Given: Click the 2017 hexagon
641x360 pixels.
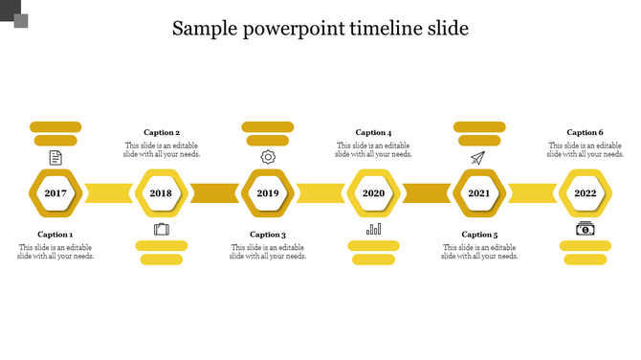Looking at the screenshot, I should (x=55, y=193).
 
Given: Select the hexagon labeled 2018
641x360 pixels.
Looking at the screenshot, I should (x=161, y=193).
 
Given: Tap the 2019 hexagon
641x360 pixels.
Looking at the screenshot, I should (x=267, y=193).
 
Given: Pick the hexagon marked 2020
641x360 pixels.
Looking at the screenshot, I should (x=373, y=193).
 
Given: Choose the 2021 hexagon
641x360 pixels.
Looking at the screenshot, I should (x=478, y=193).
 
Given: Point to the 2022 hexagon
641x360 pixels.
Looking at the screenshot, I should (x=585, y=193).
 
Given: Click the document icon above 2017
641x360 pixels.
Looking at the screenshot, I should (x=55, y=157).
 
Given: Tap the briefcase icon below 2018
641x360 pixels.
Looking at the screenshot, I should (x=161, y=230).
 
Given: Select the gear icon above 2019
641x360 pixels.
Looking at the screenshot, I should (x=267, y=157).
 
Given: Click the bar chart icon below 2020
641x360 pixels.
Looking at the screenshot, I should (x=373, y=230).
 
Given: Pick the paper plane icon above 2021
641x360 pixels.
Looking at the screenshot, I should (x=478, y=157).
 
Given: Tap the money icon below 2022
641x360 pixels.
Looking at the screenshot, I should (x=585, y=229).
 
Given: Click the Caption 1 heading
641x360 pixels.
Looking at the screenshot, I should (x=55, y=235).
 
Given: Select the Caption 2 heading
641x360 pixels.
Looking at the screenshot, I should (x=162, y=133).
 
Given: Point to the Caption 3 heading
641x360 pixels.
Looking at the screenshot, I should (x=268, y=235).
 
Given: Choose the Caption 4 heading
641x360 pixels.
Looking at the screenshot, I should (x=373, y=133).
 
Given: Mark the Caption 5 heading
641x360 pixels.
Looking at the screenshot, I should (x=479, y=235).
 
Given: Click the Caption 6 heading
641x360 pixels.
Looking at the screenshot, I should (x=585, y=133).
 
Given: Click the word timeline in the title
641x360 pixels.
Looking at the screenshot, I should (x=367, y=28).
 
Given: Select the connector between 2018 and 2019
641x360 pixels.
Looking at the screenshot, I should (x=214, y=193).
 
